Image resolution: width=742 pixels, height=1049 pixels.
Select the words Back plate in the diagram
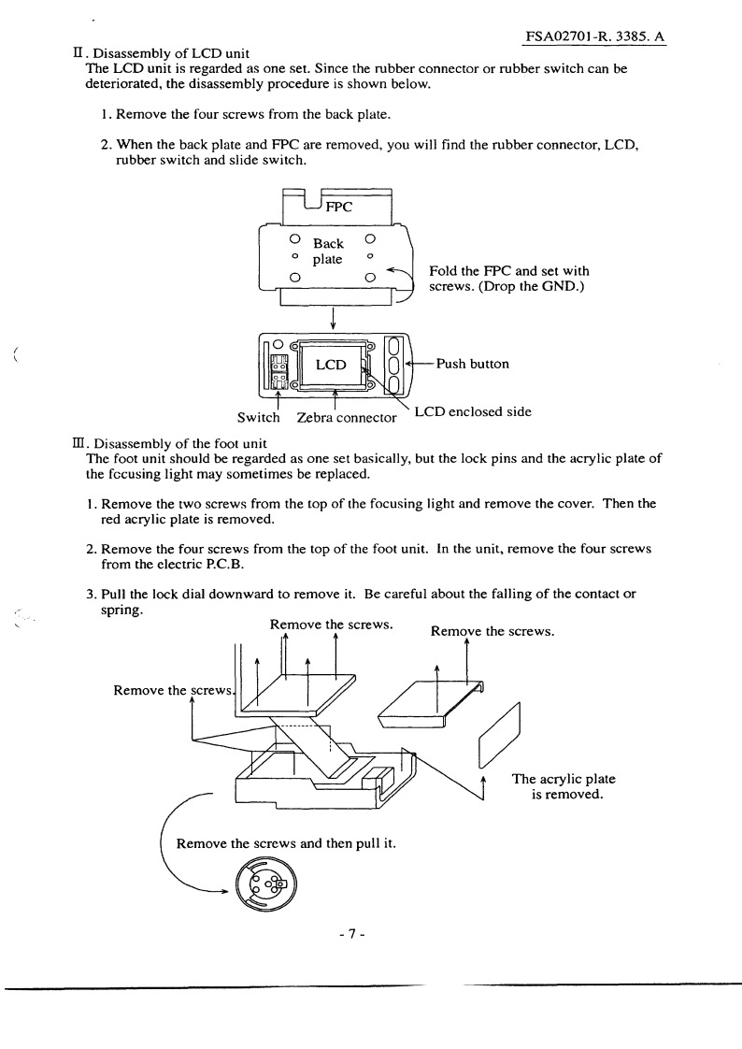click(328, 251)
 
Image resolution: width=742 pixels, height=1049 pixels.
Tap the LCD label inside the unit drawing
click(331, 365)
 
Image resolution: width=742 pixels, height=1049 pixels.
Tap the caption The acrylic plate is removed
click(564, 787)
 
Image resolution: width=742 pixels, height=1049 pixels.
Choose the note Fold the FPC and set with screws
click(508, 279)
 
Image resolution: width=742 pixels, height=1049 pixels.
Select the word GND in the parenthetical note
click(559, 286)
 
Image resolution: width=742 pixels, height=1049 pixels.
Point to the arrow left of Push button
click(419, 364)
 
